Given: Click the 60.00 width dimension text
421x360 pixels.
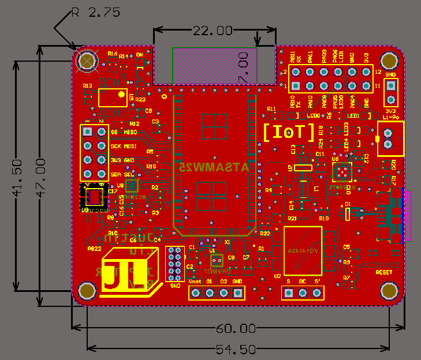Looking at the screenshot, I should click(236, 329).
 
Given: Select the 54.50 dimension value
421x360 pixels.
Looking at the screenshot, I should click(236, 349).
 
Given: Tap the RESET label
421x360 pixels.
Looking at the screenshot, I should click(384, 271).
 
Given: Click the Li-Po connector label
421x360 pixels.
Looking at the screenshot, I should click(390, 117).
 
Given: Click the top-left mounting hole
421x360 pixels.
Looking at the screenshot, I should click(88, 60).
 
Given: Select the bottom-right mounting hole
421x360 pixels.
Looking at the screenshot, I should click(390, 290).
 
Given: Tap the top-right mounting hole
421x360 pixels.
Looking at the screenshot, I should click(390, 60).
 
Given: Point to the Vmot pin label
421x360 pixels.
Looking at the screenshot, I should click(195, 281).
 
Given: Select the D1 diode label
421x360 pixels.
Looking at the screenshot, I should click(348, 204).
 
